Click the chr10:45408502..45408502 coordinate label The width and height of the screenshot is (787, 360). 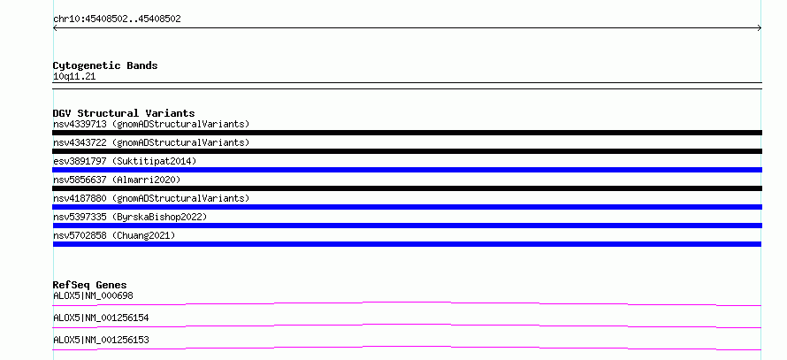pyautogui.click(x=117, y=19)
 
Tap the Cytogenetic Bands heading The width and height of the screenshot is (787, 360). pyautogui.click(x=105, y=65)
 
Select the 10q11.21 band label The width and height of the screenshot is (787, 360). pyautogui.click(x=74, y=77)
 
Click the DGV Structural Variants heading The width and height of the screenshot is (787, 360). pyautogui.click(x=124, y=113)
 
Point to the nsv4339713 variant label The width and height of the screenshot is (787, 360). pyautogui.click(x=151, y=124)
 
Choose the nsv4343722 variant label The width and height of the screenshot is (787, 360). pyautogui.click(x=151, y=142)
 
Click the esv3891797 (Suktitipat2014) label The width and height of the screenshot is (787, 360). pyautogui.click(x=125, y=161)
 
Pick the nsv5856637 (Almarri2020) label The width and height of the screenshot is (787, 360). pyautogui.click(x=117, y=180)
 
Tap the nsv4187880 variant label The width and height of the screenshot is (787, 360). pyautogui.click(x=151, y=198)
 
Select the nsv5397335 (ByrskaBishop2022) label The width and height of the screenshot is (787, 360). pyautogui.click(x=130, y=217)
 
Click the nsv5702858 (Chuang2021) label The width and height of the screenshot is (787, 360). pyautogui.click(x=114, y=235)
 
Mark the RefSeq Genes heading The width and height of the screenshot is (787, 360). pyautogui.click(x=90, y=285)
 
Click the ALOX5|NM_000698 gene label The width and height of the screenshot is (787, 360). pyautogui.click(x=94, y=295)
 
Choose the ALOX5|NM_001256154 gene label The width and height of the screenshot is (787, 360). pyautogui.click(x=101, y=318)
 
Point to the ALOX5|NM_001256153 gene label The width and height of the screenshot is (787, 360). pyautogui.click(x=101, y=340)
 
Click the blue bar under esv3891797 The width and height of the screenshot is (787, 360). pyautogui.click(x=407, y=170)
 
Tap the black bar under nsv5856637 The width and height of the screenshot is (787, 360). pyautogui.click(x=407, y=188)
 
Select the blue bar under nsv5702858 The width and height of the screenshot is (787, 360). pyautogui.click(x=407, y=244)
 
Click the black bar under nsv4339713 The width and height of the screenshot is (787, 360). pyautogui.click(x=407, y=133)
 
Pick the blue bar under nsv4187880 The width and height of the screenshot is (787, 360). pyautogui.click(x=407, y=207)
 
